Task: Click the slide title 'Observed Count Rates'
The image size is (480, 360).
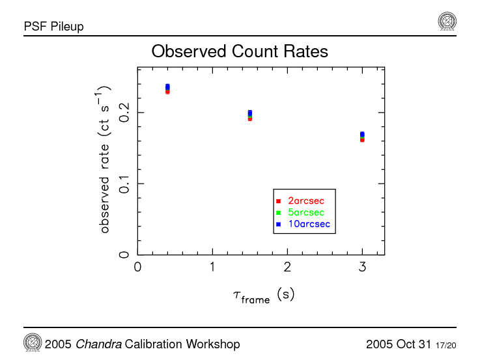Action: point(239,51)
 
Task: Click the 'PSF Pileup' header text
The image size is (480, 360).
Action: point(53,27)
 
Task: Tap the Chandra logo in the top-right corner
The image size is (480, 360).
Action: point(447,21)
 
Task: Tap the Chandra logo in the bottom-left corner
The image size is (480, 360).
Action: point(33,342)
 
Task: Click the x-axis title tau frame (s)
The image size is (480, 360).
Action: point(263,296)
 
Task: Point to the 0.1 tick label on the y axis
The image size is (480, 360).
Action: point(124,183)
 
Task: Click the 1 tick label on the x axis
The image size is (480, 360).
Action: point(212,267)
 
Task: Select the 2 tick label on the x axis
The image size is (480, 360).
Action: point(287,267)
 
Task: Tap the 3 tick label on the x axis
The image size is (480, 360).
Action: point(362,267)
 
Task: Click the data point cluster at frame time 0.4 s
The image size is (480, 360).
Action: point(167,89)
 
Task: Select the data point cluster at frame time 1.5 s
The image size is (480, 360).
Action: point(249,115)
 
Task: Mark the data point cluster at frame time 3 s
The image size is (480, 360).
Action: point(362,137)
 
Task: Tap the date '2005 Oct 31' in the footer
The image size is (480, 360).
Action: point(399,344)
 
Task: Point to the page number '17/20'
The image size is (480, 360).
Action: point(445,344)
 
